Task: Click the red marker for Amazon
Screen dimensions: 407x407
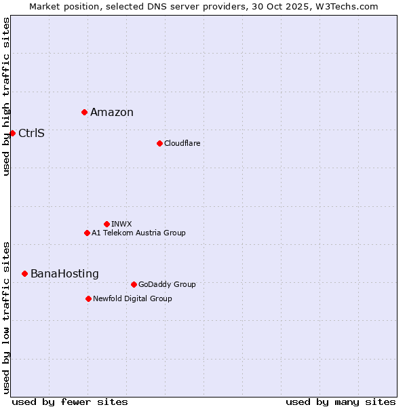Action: pos(84,112)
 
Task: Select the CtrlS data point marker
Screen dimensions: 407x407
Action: pos(12,133)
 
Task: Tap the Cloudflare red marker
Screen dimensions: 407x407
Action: pos(159,143)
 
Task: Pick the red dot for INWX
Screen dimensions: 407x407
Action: pos(106,224)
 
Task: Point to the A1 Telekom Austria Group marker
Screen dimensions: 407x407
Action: pos(87,233)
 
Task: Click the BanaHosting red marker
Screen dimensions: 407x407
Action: pos(24,273)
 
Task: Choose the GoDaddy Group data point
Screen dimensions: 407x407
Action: pos(134,284)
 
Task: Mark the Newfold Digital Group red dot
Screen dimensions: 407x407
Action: pos(88,298)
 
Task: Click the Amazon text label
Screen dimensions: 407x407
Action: pos(112,113)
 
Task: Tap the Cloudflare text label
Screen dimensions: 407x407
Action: pos(182,143)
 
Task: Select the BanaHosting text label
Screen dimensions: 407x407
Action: pos(64,274)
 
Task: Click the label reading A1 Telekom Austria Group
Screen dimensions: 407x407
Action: pos(138,233)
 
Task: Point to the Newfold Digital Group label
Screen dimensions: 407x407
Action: pos(132,298)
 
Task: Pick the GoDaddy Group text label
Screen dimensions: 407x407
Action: pos(167,284)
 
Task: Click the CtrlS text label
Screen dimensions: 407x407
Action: pos(31,134)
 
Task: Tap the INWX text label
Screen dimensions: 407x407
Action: pos(121,224)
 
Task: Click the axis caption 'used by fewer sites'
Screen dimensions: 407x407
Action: pos(70,402)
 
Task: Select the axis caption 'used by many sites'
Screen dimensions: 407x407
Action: pos(341,402)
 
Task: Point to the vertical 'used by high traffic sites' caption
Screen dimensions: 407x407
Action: pos(6,96)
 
